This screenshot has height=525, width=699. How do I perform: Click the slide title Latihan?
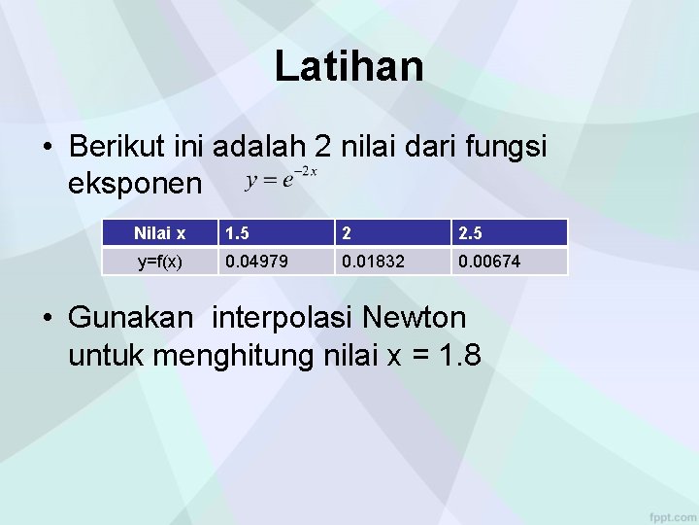click(x=349, y=67)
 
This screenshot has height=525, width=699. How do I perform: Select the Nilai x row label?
click(x=159, y=233)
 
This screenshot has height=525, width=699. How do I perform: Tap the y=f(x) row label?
click(x=159, y=262)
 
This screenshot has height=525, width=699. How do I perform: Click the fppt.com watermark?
click(x=671, y=512)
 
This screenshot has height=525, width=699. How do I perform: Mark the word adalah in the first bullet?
click(x=258, y=147)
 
